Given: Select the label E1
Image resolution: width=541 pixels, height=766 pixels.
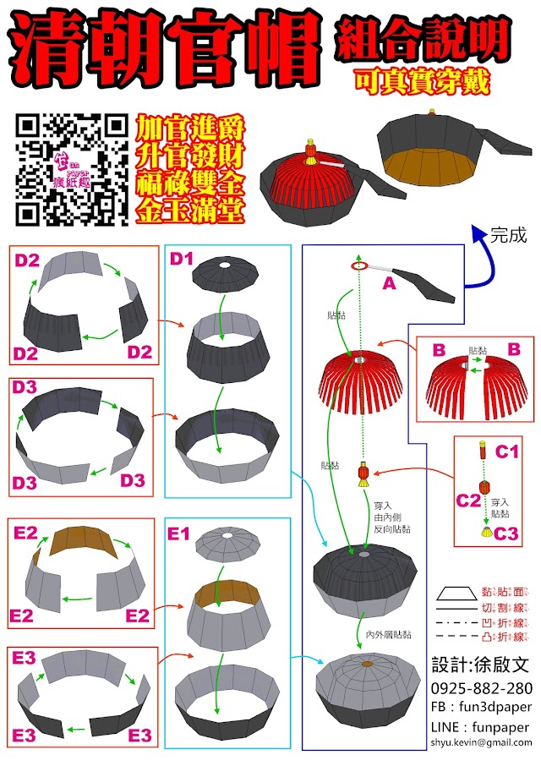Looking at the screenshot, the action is click(181, 533).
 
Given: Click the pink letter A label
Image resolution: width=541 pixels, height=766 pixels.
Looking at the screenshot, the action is click(389, 285).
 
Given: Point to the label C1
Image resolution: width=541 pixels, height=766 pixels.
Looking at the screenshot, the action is click(506, 451).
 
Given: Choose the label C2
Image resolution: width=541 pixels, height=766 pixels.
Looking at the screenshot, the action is click(468, 501).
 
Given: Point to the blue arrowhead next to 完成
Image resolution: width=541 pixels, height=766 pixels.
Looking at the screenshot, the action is click(478, 231).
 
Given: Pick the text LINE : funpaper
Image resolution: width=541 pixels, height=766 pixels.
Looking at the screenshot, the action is click(479, 726).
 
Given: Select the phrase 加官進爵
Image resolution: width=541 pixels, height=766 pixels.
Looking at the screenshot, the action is click(190, 129).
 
